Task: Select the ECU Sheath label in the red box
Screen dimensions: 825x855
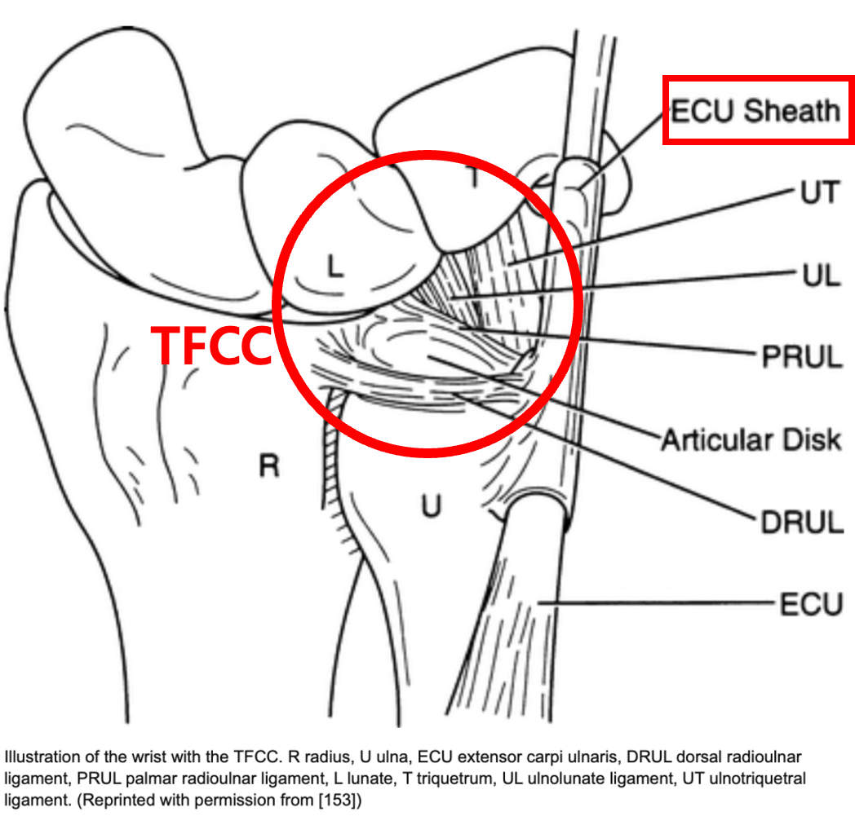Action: click(755, 111)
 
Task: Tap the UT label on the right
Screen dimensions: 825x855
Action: click(818, 193)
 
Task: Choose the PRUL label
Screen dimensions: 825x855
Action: click(800, 357)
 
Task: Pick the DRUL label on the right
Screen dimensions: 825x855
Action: click(800, 523)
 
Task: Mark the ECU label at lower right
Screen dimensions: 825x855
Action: click(810, 605)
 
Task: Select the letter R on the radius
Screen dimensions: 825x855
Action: click(269, 465)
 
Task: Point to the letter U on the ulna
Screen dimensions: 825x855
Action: click(431, 506)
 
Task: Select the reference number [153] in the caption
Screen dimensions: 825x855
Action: click(340, 801)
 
